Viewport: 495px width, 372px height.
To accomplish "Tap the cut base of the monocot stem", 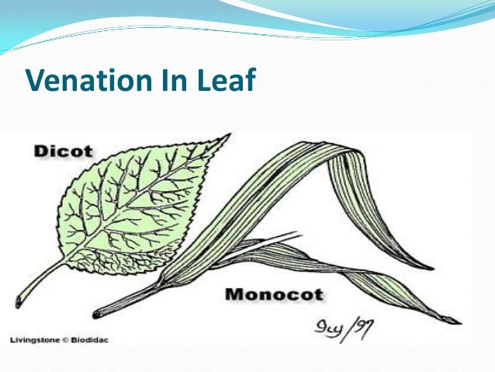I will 97,314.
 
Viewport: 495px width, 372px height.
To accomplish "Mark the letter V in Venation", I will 34,81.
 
